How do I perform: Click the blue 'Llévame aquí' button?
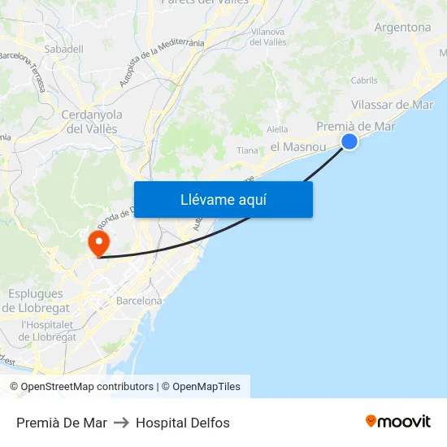(x=223, y=199)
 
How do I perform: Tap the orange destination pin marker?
(x=99, y=243)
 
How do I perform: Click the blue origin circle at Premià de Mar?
(x=349, y=141)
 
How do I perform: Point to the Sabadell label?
(x=64, y=49)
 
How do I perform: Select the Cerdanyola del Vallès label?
(x=92, y=122)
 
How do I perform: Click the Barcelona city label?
(x=139, y=300)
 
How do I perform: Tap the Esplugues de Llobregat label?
(x=36, y=301)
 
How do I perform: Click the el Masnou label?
(x=297, y=146)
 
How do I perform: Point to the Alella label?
(x=277, y=128)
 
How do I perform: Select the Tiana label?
(x=247, y=150)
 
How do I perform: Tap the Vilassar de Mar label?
(x=393, y=104)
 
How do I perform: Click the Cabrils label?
(x=364, y=80)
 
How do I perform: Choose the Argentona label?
(x=402, y=27)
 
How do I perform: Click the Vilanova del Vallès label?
(x=268, y=37)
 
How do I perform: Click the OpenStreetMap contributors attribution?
(x=81, y=387)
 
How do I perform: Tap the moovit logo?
(x=398, y=422)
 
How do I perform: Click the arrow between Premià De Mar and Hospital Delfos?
(x=121, y=423)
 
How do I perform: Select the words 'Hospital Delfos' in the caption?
(x=183, y=423)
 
